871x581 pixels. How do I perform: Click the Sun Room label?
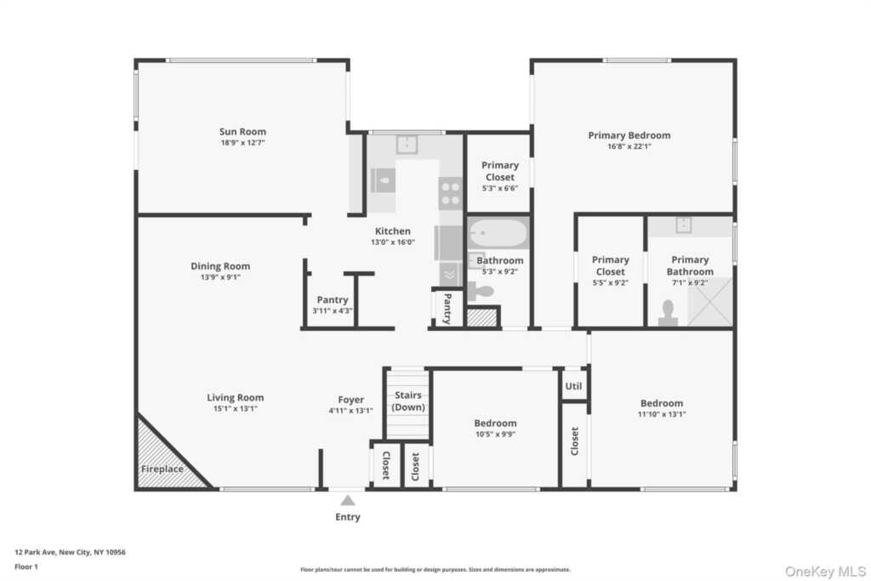242,132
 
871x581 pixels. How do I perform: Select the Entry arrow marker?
347,501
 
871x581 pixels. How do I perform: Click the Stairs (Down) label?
408,401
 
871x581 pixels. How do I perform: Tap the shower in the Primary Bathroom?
709,301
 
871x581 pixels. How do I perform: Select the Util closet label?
573,385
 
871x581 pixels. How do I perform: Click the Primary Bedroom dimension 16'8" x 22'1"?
629,146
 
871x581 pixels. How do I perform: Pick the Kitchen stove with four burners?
450,193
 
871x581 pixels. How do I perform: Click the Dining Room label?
220,266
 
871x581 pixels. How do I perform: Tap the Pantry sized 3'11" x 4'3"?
333,305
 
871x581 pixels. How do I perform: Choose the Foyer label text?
350,400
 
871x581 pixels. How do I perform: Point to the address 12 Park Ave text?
70,552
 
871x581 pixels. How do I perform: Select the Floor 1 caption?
27,566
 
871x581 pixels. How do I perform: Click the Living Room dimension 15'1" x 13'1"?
236,409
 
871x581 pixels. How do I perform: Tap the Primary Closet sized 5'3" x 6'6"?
499,176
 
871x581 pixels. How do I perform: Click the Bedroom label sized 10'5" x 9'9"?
495,423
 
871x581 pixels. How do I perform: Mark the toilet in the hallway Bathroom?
481,292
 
